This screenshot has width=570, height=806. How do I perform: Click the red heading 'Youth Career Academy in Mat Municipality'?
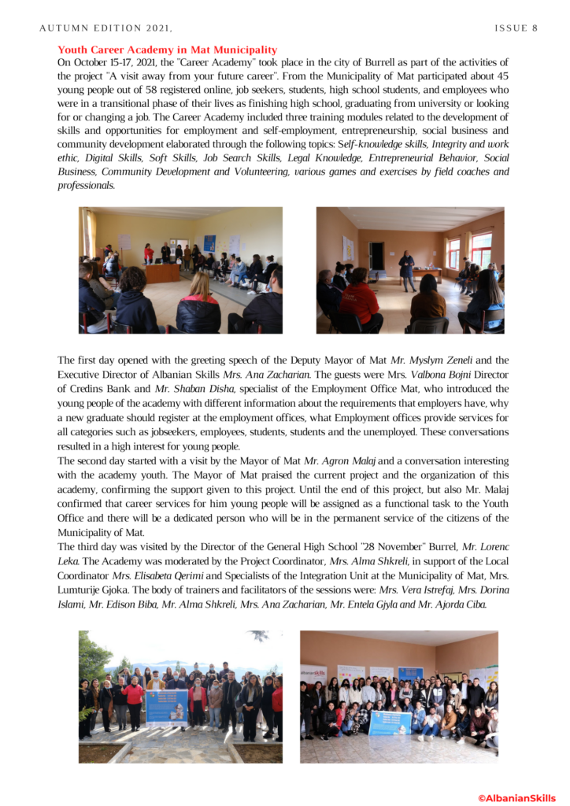(167, 50)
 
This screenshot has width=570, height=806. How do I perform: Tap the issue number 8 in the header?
(535, 28)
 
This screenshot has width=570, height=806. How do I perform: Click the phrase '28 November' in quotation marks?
(348, 546)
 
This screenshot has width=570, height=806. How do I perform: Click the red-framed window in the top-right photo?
(480, 250)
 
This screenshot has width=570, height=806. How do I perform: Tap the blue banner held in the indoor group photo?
(390, 723)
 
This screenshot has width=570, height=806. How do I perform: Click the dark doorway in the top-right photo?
(377, 255)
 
